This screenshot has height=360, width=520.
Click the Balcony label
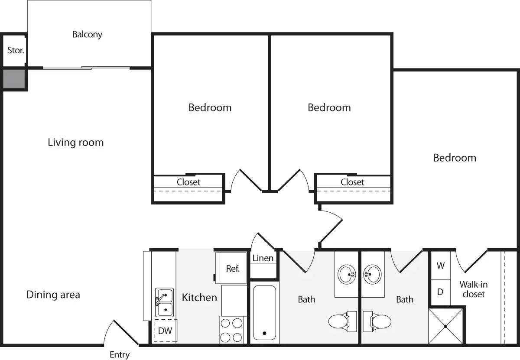click(87, 34)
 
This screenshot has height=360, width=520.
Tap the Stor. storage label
click(16, 50)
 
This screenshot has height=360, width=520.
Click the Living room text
click(76, 142)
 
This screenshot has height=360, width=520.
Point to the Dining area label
click(53, 295)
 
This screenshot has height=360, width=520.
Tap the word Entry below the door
click(119, 354)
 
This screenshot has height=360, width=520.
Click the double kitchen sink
click(164, 302)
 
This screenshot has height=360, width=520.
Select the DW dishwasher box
click(165, 331)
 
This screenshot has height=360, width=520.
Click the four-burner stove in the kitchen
click(231, 330)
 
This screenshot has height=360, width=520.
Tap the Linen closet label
click(263, 258)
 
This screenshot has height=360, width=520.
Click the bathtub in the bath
click(264, 312)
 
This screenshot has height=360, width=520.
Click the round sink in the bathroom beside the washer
click(372, 274)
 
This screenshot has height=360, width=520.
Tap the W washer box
click(440, 266)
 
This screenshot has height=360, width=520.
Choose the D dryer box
click(440, 292)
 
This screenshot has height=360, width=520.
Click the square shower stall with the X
click(445, 326)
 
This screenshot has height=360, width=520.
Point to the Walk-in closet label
click(474, 289)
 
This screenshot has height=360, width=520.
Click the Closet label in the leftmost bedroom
click(188, 182)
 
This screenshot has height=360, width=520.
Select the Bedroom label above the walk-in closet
click(455, 158)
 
